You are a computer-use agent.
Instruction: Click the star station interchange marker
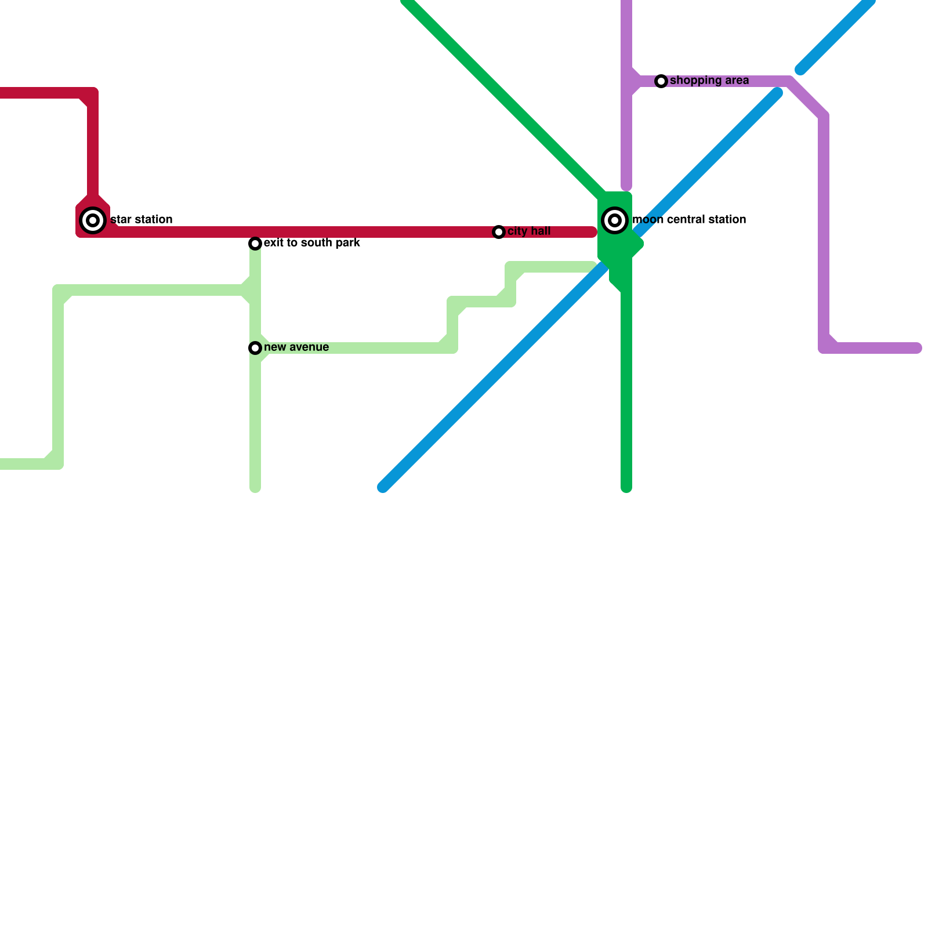[93, 220]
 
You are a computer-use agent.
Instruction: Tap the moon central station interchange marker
[615, 220]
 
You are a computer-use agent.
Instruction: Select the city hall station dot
[499, 232]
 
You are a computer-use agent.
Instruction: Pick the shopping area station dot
[661, 81]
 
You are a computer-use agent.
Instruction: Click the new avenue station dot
[255, 348]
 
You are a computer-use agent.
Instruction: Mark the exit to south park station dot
[255, 244]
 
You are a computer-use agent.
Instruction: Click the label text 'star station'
[141, 220]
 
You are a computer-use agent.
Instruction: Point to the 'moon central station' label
[688, 220]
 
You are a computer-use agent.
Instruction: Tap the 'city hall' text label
[528, 231]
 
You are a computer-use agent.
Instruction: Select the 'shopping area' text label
[709, 81]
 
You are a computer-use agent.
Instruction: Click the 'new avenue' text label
[296, 347]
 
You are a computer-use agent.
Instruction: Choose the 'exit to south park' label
[311, 243]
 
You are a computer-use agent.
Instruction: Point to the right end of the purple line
[918, 348]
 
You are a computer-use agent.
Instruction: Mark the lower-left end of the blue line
[383, 487]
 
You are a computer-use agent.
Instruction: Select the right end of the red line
[593, 232]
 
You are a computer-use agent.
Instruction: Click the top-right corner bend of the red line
[93, 93]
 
